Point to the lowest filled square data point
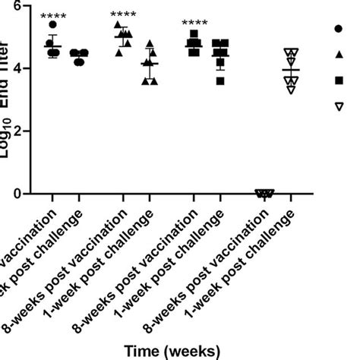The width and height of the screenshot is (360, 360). (x=220, y=81)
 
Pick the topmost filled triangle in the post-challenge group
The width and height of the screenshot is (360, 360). (x=150, y=44)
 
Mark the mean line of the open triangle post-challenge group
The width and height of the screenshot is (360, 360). (x=291, y=70)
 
